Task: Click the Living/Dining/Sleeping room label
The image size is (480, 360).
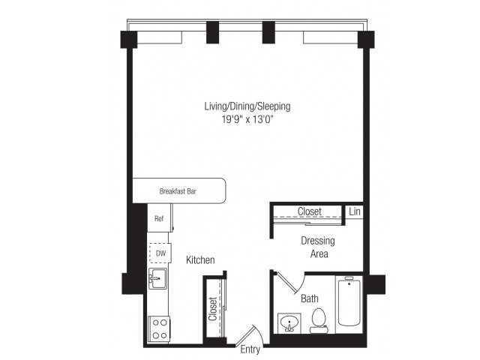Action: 247,107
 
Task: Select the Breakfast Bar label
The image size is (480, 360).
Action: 178,191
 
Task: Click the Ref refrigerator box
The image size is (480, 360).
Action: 159,219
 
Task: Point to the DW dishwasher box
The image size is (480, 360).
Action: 159,253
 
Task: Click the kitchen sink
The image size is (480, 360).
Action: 158,280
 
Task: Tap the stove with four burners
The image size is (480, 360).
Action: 159,327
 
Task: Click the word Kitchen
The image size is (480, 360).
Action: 200,260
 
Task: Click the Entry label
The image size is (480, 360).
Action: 250,349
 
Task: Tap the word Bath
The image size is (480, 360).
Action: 309,298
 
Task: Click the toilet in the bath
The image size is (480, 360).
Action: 318,321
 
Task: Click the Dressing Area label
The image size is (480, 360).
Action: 317,247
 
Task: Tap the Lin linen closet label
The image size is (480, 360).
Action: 355,212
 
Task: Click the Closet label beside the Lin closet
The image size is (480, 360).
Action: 310,212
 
